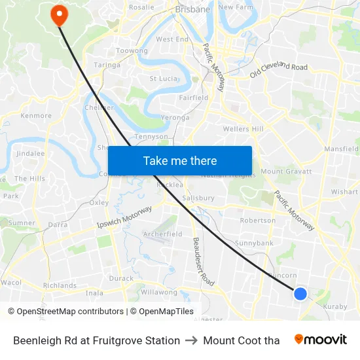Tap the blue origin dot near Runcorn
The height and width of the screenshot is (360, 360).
pyautogui.click(x=300, y=294)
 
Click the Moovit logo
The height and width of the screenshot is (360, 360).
pyautogui.click(x=320, y=340)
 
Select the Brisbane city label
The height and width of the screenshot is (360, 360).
pyautogui.click(x=192, y=10)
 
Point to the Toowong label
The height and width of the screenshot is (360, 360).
pyautogui.click(x=132, y=50)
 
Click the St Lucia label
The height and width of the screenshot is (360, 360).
pyautogui.click(x=164, y=79)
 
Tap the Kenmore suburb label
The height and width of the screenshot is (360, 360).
pyautogui.click(x=36, y=116)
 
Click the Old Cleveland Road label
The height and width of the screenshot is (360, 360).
pyautogui.click(x=278, y=71)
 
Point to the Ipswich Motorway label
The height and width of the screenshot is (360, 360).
pyautogui.click(x=124, y=217)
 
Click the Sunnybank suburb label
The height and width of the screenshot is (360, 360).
pyautogui.click(x=254, y=243)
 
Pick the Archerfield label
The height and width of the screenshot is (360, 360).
pyautogui.click(x=162, y=234)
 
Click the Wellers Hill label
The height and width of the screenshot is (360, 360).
pyautogui.click(x=243, y=129)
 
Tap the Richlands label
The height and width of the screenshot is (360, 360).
pyautogui.click(x=60, y=285)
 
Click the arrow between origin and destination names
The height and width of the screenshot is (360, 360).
pyautogui.click(x=191, y=340)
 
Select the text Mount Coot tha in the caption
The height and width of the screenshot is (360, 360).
pyautogui.click(x=241, y=340)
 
